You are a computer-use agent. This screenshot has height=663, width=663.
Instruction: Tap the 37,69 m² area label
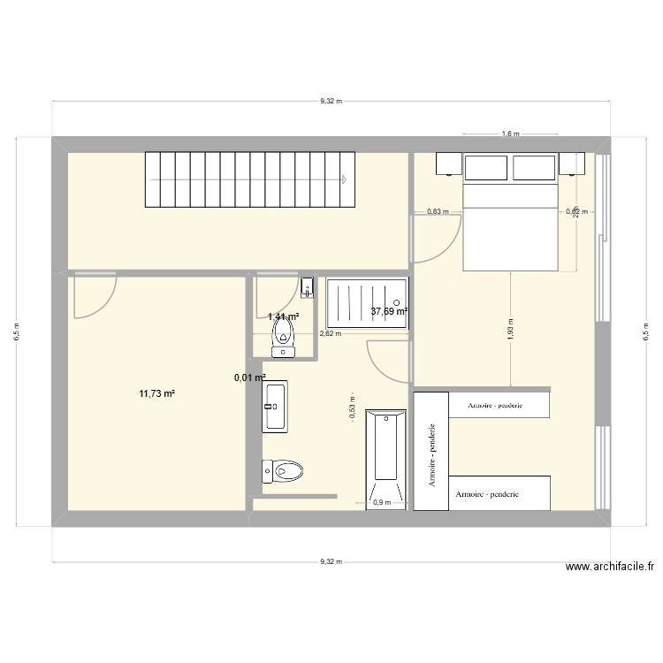389,311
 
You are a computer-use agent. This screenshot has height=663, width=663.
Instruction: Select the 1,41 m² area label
283,316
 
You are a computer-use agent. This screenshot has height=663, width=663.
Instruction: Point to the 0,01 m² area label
249,377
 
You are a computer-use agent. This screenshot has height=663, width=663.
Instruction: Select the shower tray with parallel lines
367,302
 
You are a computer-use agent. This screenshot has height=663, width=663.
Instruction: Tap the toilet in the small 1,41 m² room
283,336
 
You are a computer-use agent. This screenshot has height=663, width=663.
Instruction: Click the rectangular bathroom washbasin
274,407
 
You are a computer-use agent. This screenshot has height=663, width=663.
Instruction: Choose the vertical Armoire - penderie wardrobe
431,451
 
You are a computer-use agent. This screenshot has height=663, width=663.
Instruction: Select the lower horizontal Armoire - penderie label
487,494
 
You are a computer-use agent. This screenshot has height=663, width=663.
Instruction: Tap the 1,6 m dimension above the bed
510,134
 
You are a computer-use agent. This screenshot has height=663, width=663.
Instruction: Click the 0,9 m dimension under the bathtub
382,503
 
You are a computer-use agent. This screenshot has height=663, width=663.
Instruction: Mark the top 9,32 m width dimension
330,102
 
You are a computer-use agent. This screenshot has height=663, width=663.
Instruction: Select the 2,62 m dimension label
329,334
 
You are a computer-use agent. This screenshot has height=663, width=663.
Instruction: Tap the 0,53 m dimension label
352,410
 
